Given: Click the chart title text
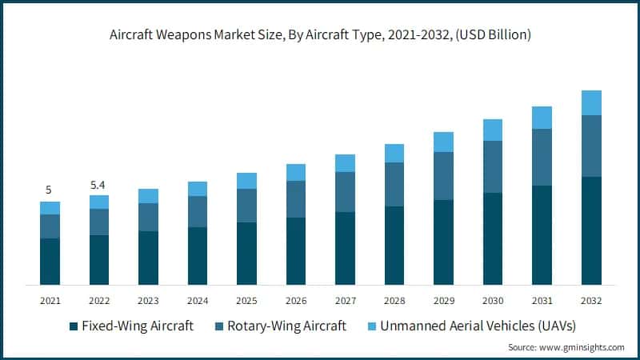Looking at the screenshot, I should [320, 36].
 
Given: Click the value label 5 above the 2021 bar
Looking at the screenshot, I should [49, 190].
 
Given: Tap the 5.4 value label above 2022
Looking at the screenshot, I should [98, 185].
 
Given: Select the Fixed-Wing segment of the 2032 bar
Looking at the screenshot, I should [591, 230].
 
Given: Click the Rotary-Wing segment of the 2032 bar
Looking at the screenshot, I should [591, 146].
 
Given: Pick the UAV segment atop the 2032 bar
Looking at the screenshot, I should [591, 102].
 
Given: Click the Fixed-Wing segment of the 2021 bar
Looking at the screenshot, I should [50, 261].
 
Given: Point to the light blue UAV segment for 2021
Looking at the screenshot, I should [50, 208].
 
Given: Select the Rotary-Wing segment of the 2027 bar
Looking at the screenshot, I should [345, 192].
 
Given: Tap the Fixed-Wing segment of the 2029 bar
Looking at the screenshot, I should [443, 242].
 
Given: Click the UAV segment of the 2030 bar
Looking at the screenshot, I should [493, 130].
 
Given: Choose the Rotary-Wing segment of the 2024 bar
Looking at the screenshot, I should [198, 211].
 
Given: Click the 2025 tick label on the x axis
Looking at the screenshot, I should [246, 301].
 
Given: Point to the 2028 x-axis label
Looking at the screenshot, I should [394, 301].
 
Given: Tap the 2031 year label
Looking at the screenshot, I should [542, 301].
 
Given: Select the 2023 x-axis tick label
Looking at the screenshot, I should [148, 301].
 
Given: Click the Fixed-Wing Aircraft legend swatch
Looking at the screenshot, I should [74, 326].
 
